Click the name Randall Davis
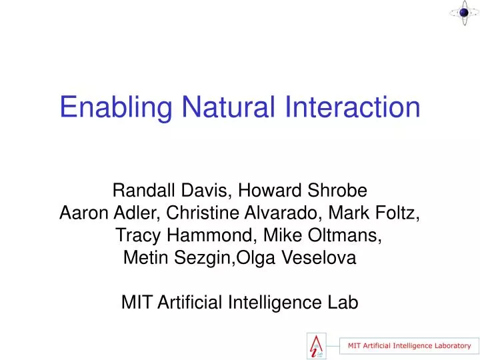click(171, 191)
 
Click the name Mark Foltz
click(381, 213)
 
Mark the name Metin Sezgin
click(176, 258)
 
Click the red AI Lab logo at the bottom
click(318, 345)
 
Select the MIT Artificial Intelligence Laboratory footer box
click(409, 345)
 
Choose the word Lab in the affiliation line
click(344, 303)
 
